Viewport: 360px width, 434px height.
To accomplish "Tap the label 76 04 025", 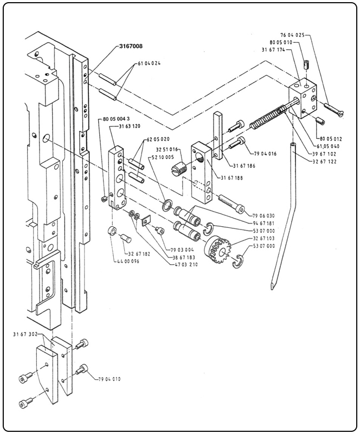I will (x=294, y=35).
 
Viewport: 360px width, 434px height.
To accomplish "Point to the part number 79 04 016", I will (x=265, y=154).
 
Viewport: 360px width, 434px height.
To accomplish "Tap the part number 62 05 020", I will (x=158, y=139).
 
